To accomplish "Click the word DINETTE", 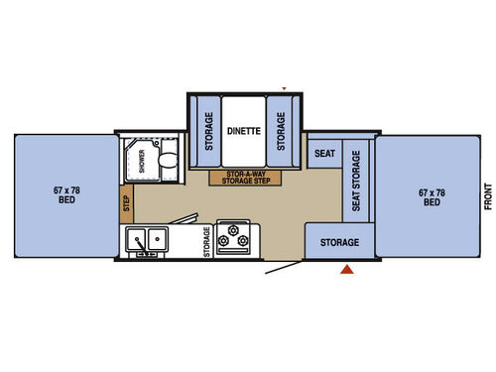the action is [x=244, y=131].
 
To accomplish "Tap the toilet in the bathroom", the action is [x=169, y=160].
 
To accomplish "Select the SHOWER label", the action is [x=142, y=161].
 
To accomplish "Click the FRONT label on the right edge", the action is [x=488, y=196].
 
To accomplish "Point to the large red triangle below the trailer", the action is [x=347, y=270].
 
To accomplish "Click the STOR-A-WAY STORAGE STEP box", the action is [x=245, y=178].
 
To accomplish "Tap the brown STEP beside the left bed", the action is [x=127, y=203].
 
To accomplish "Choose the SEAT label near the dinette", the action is [x=324, y=154].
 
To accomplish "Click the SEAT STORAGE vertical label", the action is [x=356, y=181].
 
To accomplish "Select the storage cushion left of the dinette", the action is [x=209, y=131].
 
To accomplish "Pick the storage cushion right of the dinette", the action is [x=281, y=131].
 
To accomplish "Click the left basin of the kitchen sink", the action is [x=136, y=239].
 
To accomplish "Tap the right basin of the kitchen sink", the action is [x=157, y=239].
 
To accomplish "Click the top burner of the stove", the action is [x=233, y=229].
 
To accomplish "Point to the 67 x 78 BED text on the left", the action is [x=66, y=195].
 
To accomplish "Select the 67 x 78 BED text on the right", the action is [x=432, y=197].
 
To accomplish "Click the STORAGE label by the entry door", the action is [x=339, y=242].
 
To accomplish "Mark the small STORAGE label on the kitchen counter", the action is [x=206, y=242].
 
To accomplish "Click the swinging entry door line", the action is [x=284, y=268].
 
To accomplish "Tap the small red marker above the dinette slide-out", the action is [x=284, y=88].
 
